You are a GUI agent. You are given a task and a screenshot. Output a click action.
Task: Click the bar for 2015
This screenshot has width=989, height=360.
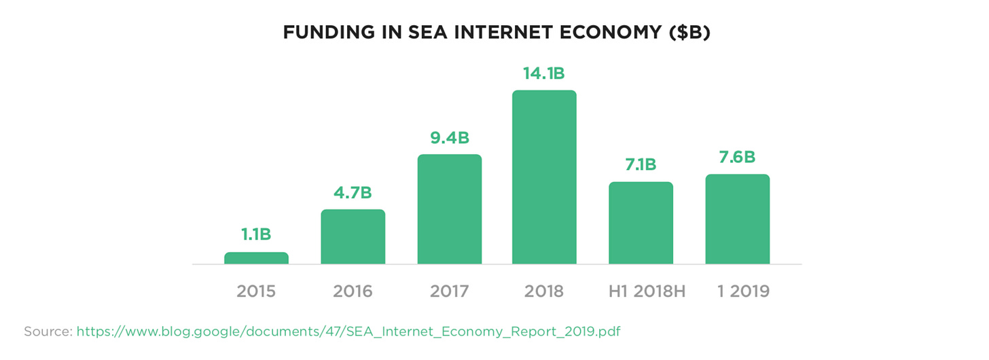coord(256,258)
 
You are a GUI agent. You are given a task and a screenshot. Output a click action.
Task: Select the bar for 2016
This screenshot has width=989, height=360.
coord(353,236)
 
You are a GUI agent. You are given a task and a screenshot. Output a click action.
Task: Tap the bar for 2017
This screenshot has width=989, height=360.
coord(449,209)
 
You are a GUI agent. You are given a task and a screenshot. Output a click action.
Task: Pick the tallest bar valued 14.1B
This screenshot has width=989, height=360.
coord(544,177)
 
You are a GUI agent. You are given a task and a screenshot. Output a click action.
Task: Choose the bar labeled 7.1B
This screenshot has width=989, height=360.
coord(641,223)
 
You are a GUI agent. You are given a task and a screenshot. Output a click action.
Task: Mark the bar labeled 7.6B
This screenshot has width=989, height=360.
coord(737,219)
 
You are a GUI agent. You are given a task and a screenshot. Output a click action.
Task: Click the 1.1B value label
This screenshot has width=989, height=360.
coord(256,234)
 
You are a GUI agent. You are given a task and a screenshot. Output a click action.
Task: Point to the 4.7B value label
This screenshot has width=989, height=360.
coord(353,192)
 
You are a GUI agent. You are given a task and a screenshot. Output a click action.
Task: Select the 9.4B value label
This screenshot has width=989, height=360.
coord(449,138)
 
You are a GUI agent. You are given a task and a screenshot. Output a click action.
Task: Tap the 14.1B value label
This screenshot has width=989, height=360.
coord(544,73)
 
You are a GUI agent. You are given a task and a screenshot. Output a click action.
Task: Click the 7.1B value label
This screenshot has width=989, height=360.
coord(641,165)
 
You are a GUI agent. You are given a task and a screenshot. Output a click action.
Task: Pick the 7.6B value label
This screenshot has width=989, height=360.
coord(737,157)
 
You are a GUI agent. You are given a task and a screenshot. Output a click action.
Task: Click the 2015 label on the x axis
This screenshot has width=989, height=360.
coord(256,291)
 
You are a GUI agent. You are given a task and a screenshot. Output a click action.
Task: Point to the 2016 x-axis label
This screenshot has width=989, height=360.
coord(353,291)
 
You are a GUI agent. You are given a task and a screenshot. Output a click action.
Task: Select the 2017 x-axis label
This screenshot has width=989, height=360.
coord(449,291)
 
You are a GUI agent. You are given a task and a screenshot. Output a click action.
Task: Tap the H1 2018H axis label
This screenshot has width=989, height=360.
coord(646,291)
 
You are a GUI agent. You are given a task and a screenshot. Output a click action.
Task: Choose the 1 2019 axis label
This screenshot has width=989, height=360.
coord(744,291)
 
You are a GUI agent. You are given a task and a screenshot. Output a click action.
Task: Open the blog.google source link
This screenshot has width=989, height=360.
coord(348,331)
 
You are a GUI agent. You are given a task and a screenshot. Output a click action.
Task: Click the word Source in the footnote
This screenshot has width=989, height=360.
coord(48,331)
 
